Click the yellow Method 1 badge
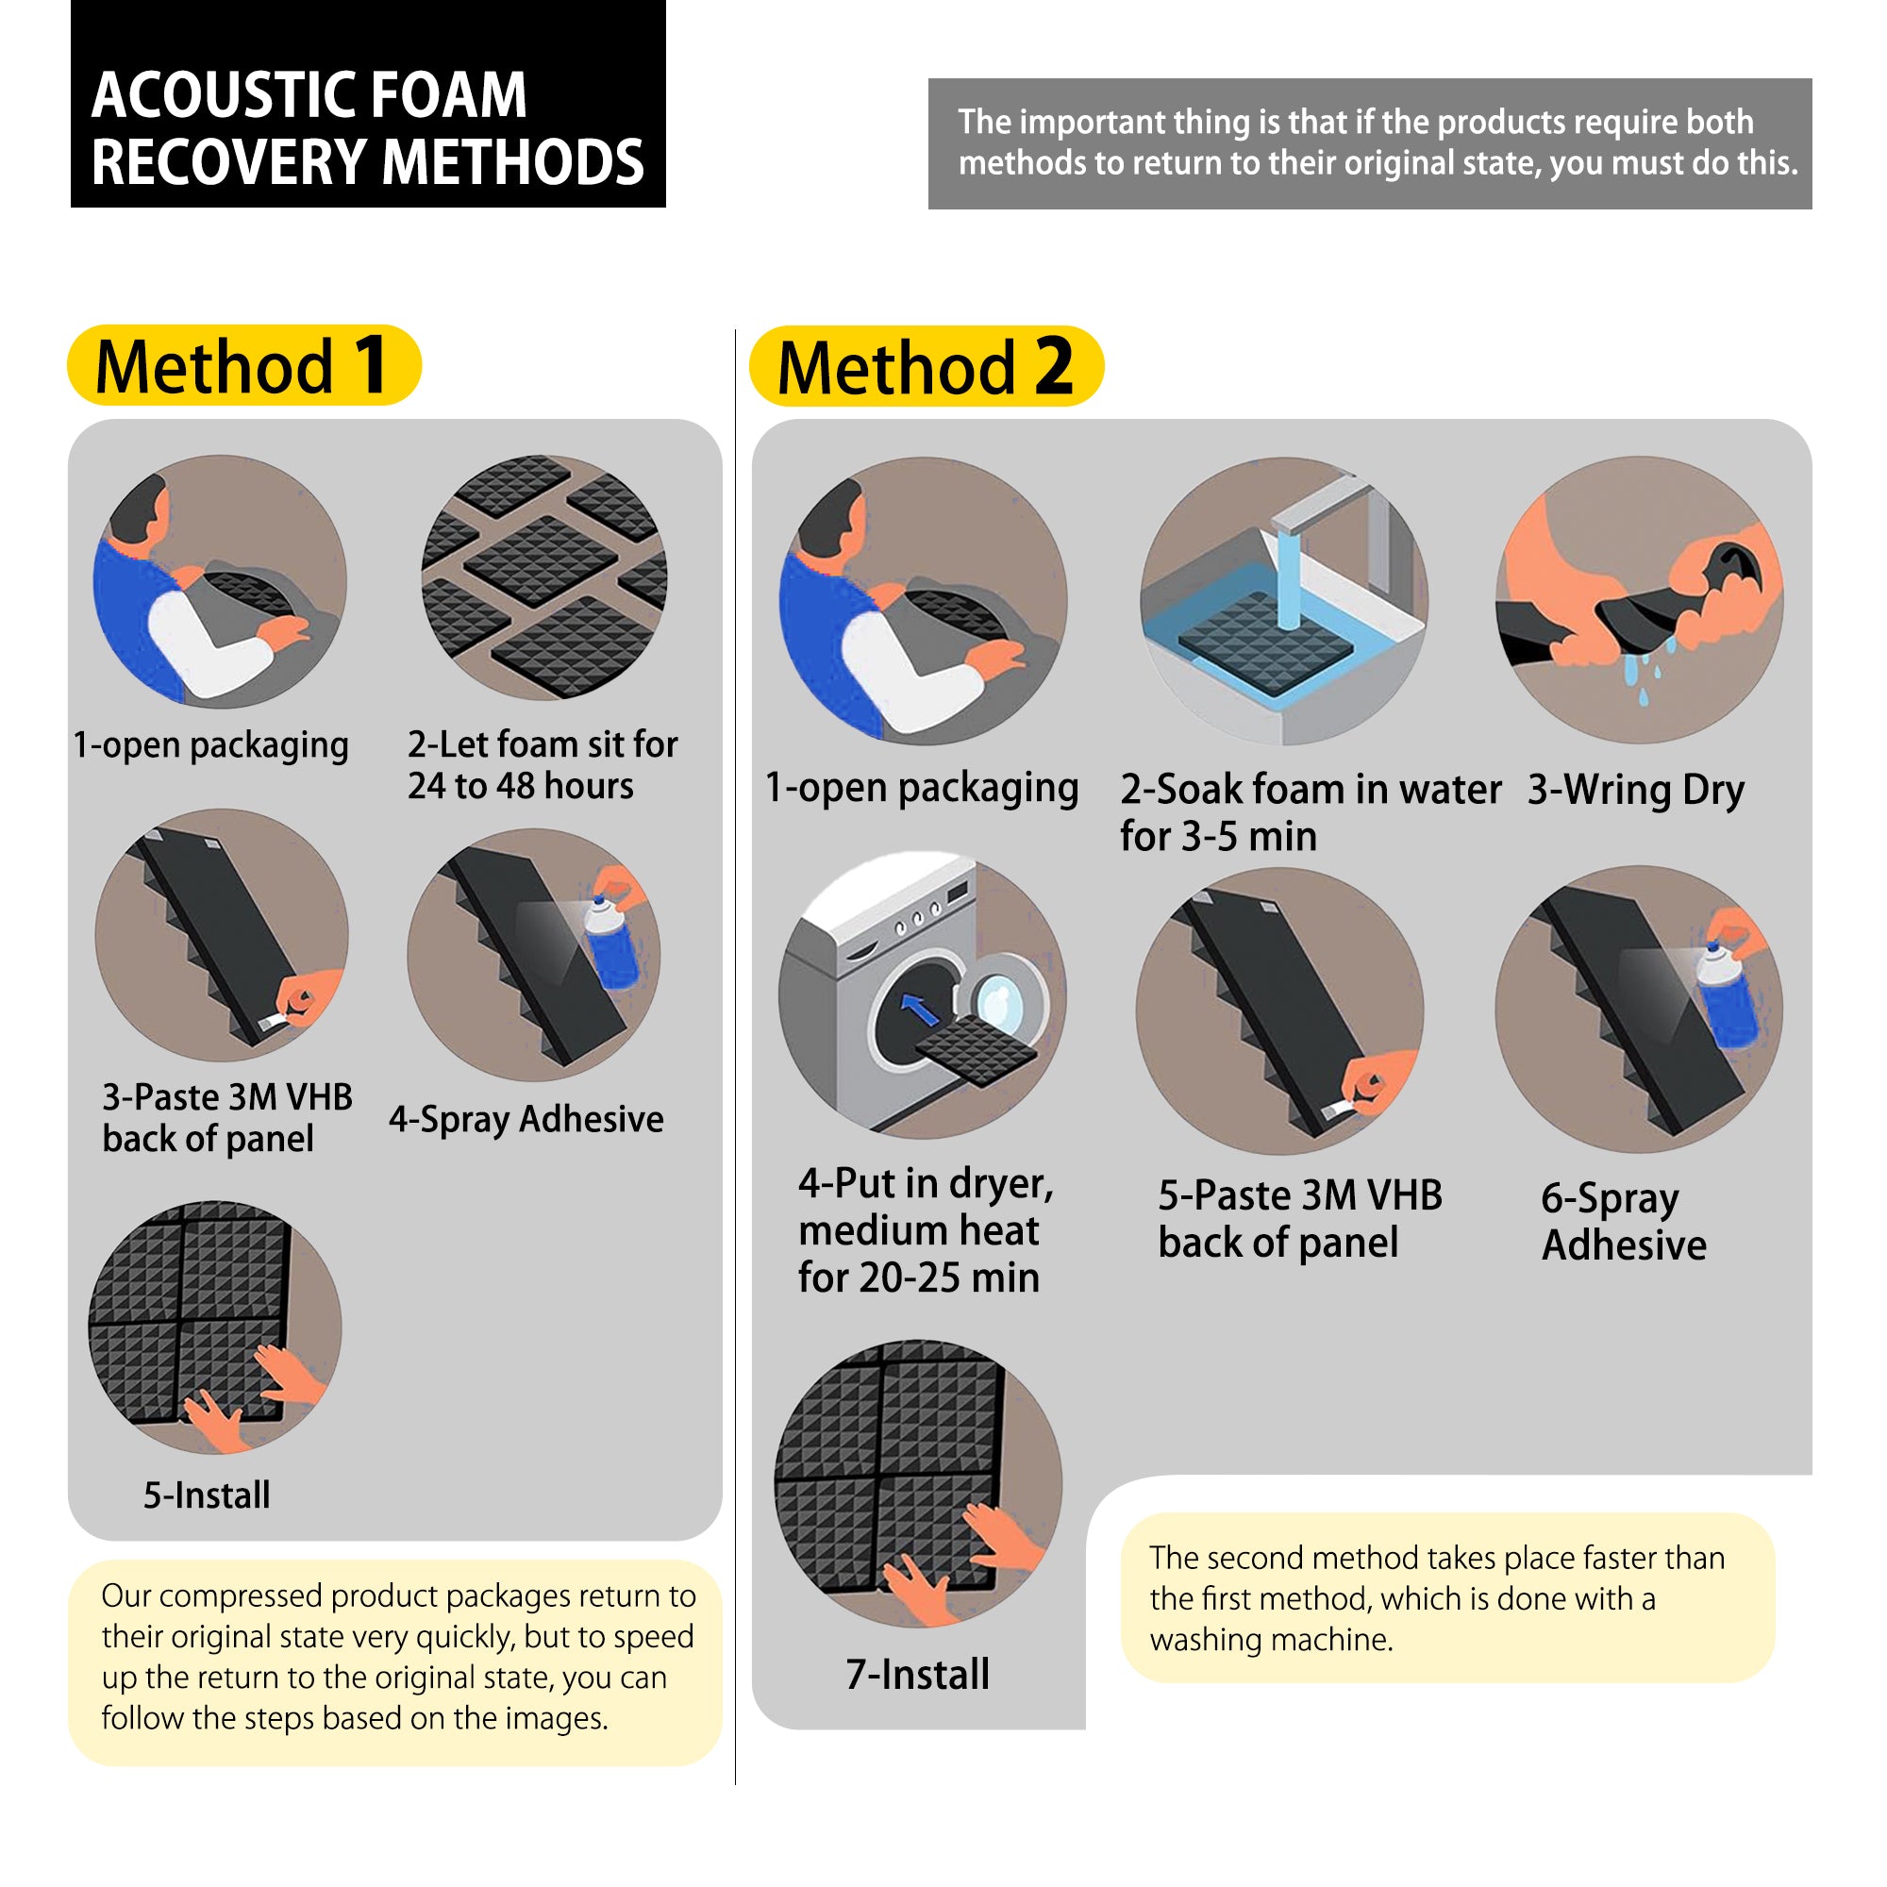244,366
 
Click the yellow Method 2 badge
926,367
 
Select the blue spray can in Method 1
611,943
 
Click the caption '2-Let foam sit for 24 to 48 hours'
543,765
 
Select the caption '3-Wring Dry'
1635,789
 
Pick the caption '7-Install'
917,1674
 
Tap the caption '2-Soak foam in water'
1309,789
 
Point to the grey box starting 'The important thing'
1369,142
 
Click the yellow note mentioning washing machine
1445,1598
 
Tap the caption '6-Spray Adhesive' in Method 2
1623,1221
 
